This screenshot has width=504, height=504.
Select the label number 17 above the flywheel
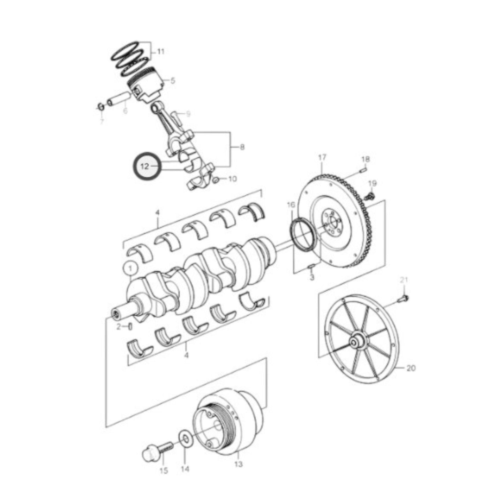[322, 157]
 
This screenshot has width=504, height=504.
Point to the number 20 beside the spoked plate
[411, 368]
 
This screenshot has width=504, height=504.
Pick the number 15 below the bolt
[164, 471]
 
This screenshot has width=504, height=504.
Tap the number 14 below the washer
[185, 469]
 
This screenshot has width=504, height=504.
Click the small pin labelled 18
[363, 170]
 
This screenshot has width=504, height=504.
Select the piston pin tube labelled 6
[117, 99]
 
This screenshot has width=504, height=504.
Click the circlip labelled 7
[100, 106]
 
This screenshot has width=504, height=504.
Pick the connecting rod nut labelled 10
[216, 179]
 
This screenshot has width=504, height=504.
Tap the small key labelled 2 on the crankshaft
[130, 326]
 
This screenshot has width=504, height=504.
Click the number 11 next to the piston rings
[160, 52]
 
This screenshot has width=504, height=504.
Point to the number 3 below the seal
[312, 277]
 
